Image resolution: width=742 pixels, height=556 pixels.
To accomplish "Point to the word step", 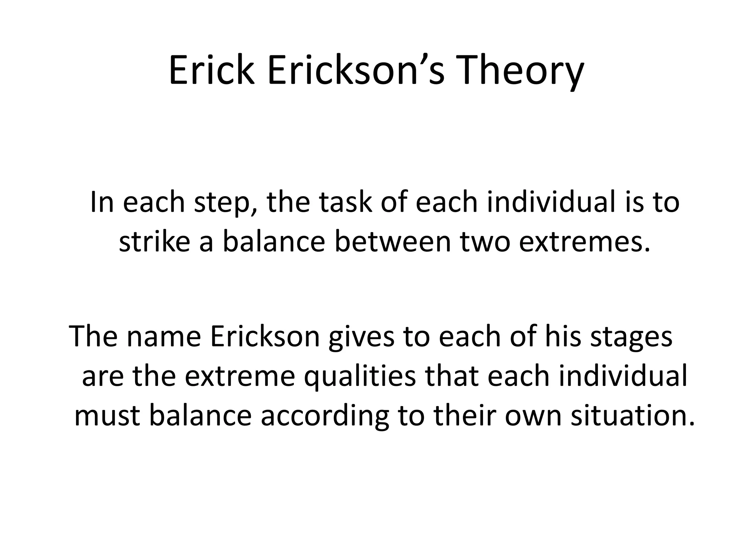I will pyautogui.click(x=226, y=203).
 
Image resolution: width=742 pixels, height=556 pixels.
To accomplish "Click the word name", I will pyautogui.click(x=163, y=337).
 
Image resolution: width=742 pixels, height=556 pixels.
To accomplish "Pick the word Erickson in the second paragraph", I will pyautogui.click(x=265, y=337).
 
